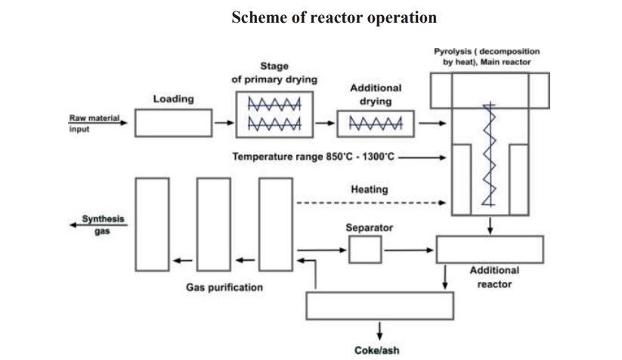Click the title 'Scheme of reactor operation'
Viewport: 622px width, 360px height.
point(333,17)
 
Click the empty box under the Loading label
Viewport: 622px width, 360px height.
point(173,122)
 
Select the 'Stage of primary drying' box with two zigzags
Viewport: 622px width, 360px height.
point(275,115)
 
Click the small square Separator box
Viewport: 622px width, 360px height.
point(365,250)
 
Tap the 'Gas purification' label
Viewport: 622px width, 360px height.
point(224,287)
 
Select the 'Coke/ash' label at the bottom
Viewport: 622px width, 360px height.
point(376,351)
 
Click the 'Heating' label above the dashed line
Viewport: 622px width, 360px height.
point(370,190)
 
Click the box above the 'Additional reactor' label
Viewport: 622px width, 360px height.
point(490,249)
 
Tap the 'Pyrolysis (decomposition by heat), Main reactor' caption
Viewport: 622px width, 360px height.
point(487,57)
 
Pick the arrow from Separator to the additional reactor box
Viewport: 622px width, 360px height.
point(409,249)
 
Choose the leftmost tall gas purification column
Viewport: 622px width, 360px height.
point(151,223)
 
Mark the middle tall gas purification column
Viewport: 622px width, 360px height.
point(213,223)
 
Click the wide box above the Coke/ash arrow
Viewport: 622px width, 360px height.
point(381,305)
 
